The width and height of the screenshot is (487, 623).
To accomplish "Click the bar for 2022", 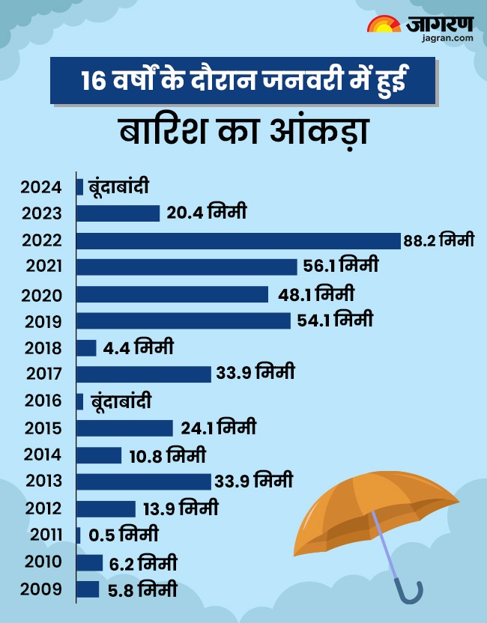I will click(x=238, y=240).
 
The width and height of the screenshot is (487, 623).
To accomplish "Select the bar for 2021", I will click(x=187, y=267).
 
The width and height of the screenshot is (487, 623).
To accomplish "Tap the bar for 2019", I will click(x=184, y=320).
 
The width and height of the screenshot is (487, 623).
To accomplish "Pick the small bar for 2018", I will click(x=86, y=348).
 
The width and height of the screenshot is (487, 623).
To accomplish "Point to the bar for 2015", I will click(x=125, y=428).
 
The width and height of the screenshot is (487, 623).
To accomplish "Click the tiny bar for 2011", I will click(x=79, y=535).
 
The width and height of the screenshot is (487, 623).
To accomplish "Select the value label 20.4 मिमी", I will click(x=207, y=213).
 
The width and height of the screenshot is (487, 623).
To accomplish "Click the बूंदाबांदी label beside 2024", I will click(x=123, y=186).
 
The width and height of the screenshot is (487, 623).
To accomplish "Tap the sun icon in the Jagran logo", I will click(x=384, y=25).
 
